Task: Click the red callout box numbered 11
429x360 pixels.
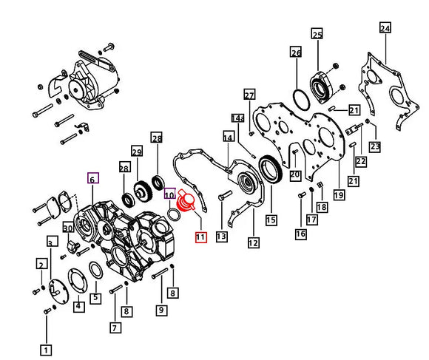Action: pyautogui.click(x=201, y=237)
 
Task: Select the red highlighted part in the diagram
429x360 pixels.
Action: pyautogui.click(x=186, y=201)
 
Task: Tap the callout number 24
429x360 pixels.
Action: pyautogui.click(x=385, y=28)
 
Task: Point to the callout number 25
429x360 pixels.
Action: pyautogui.click(x=317, y=34)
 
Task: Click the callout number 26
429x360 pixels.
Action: pyautogui.click(x=296, y=52)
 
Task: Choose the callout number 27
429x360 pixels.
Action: pyautogui.click(x=249, y=95)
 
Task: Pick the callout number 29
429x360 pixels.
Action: pyautogui.click(x=137, y=151)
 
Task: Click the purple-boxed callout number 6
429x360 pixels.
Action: pyautogui.click(x=92, y=178)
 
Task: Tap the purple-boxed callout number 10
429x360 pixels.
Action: pyautogui.click(x=169, y=194)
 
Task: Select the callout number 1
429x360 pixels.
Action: pyautogui.click(x=46, y=350)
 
